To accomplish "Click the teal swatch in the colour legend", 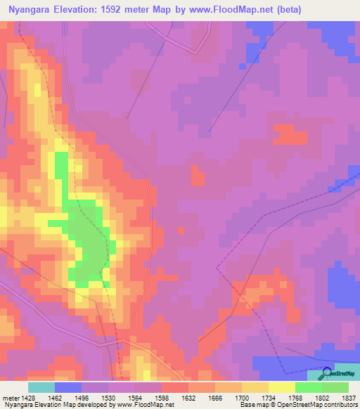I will click(x=41, y=387).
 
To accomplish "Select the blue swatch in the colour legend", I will click(x=68, y=387).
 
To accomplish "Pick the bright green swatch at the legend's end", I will click(x=335, y=387).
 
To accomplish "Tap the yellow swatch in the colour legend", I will click(x=282, y=387).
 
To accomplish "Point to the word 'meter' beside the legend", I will click(x=10, y=398).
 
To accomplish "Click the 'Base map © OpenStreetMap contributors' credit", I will click(x=298, y=405).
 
